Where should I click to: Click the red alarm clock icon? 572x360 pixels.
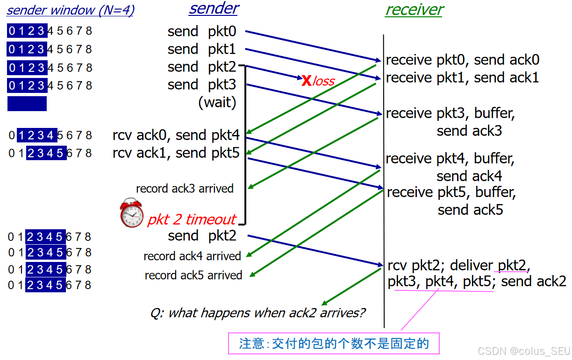132,213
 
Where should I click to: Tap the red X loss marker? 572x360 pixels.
306,81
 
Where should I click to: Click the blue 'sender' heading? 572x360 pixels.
214,8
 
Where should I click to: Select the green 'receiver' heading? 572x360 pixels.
414,10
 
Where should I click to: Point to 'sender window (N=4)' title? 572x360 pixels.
71,10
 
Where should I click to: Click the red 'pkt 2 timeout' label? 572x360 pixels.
192,219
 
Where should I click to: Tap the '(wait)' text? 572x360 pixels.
217,102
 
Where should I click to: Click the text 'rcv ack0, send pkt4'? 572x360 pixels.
176,135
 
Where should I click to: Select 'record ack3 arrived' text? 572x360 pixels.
185,189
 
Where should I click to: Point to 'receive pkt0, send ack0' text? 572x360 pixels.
463,60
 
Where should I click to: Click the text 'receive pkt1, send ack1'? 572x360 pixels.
463,78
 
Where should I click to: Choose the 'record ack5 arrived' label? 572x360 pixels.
193,275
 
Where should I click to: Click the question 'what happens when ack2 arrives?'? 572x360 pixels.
258,313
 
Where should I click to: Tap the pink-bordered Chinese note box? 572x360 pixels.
334,344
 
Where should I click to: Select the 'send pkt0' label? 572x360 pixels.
202,32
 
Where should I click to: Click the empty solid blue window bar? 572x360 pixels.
27,104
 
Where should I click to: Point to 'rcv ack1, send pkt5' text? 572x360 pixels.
176,153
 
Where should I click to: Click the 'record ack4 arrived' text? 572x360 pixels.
192,256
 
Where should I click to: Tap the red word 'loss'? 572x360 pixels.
324,81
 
